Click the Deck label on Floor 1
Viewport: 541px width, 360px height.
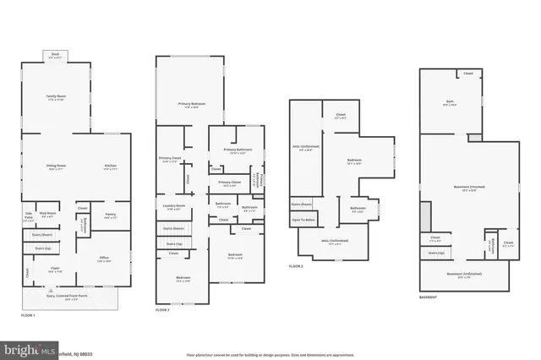(56, 54)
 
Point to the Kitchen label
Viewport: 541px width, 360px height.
(110, 166)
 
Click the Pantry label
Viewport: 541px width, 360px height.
(110, 215)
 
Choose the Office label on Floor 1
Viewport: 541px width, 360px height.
(104, 259)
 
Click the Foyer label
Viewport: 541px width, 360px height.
(53, 270)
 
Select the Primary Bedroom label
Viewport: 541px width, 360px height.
(190, 105)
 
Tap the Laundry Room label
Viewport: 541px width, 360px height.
(173, 208)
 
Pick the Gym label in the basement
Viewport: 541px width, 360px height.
(451, 103)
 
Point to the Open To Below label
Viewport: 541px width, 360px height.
(303, 219)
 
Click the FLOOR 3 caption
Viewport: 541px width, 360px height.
(296, 266)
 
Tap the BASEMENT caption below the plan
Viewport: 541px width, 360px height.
(429, 297)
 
